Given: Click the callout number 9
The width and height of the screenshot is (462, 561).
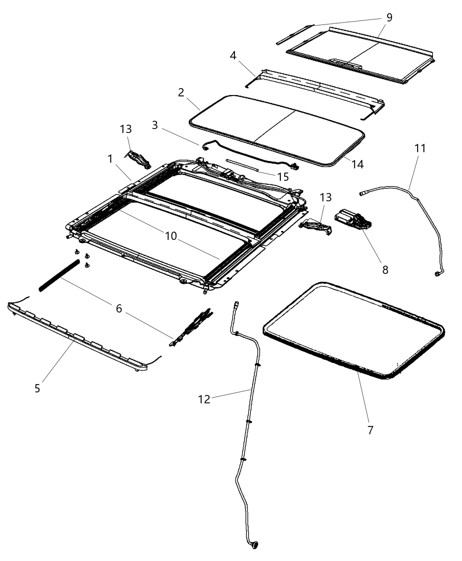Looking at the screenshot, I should pyautogui.click(x=389, y=18).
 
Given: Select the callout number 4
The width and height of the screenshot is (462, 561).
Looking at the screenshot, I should pyautogui.click(x=233, y=55).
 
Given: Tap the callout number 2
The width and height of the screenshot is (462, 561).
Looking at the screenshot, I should pyautogui.click(x=181, y=92).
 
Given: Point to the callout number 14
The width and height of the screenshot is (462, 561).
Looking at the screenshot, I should pyautogui.click(x=358, y=164).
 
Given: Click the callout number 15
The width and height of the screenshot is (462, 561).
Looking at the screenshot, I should pyautogui.click(x=283, y=176).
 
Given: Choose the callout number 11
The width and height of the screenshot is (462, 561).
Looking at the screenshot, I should pyautogui.click(x=420, y=148).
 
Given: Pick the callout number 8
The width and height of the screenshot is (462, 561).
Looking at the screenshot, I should pyautogui.click(x=385, y=270).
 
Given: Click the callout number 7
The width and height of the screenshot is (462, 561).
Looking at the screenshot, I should pyautogui.click(x=370, y=430).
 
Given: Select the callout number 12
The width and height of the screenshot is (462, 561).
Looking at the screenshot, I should pyautogui.click(x=204, y=399).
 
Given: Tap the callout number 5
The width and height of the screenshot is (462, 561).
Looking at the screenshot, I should pyautogui.click(x=37, y=388).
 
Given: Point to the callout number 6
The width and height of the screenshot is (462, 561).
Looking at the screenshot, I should pyautogui.click(x=119, y=309).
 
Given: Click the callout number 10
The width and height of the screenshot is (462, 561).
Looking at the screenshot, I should pyautogui.click(x=171, y=236).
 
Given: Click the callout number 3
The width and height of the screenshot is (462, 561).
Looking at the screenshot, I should pyautogui.click(x=154, y=125).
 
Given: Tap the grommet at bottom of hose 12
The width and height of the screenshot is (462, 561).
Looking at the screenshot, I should pyautogui.click(x=254, y=546).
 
